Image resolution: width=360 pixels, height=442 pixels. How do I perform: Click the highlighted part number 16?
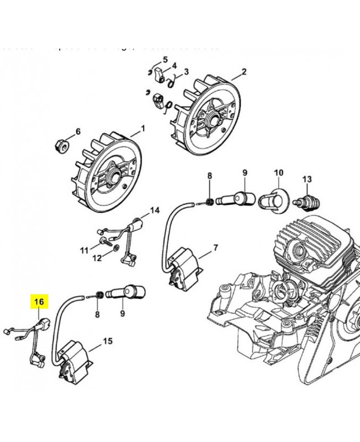point(39,302)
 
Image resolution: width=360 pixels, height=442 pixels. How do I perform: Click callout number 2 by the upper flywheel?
point(243,72)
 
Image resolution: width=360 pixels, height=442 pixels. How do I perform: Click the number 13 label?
point(307,178)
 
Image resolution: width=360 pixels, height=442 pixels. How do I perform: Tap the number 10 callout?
point(278,173)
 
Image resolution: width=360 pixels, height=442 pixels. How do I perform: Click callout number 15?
point(108,341)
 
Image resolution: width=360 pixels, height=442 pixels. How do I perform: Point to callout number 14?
point(155,210)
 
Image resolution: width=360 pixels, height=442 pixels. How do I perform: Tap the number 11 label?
point(84,250)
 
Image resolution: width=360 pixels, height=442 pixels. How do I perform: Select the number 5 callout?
point(165,60)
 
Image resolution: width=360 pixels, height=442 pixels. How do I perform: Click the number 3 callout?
point(186,71)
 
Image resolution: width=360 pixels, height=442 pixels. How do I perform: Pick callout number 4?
point(174,65)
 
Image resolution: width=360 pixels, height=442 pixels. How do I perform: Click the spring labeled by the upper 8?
point(210,202)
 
